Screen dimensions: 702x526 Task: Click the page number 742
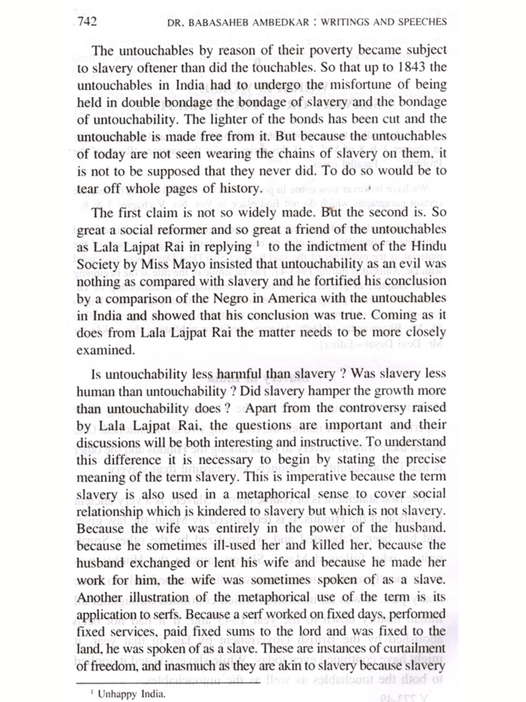pyautogui.click(x=87, y=21)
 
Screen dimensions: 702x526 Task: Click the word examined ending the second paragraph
pyautogui.click(x=106, y=350)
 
